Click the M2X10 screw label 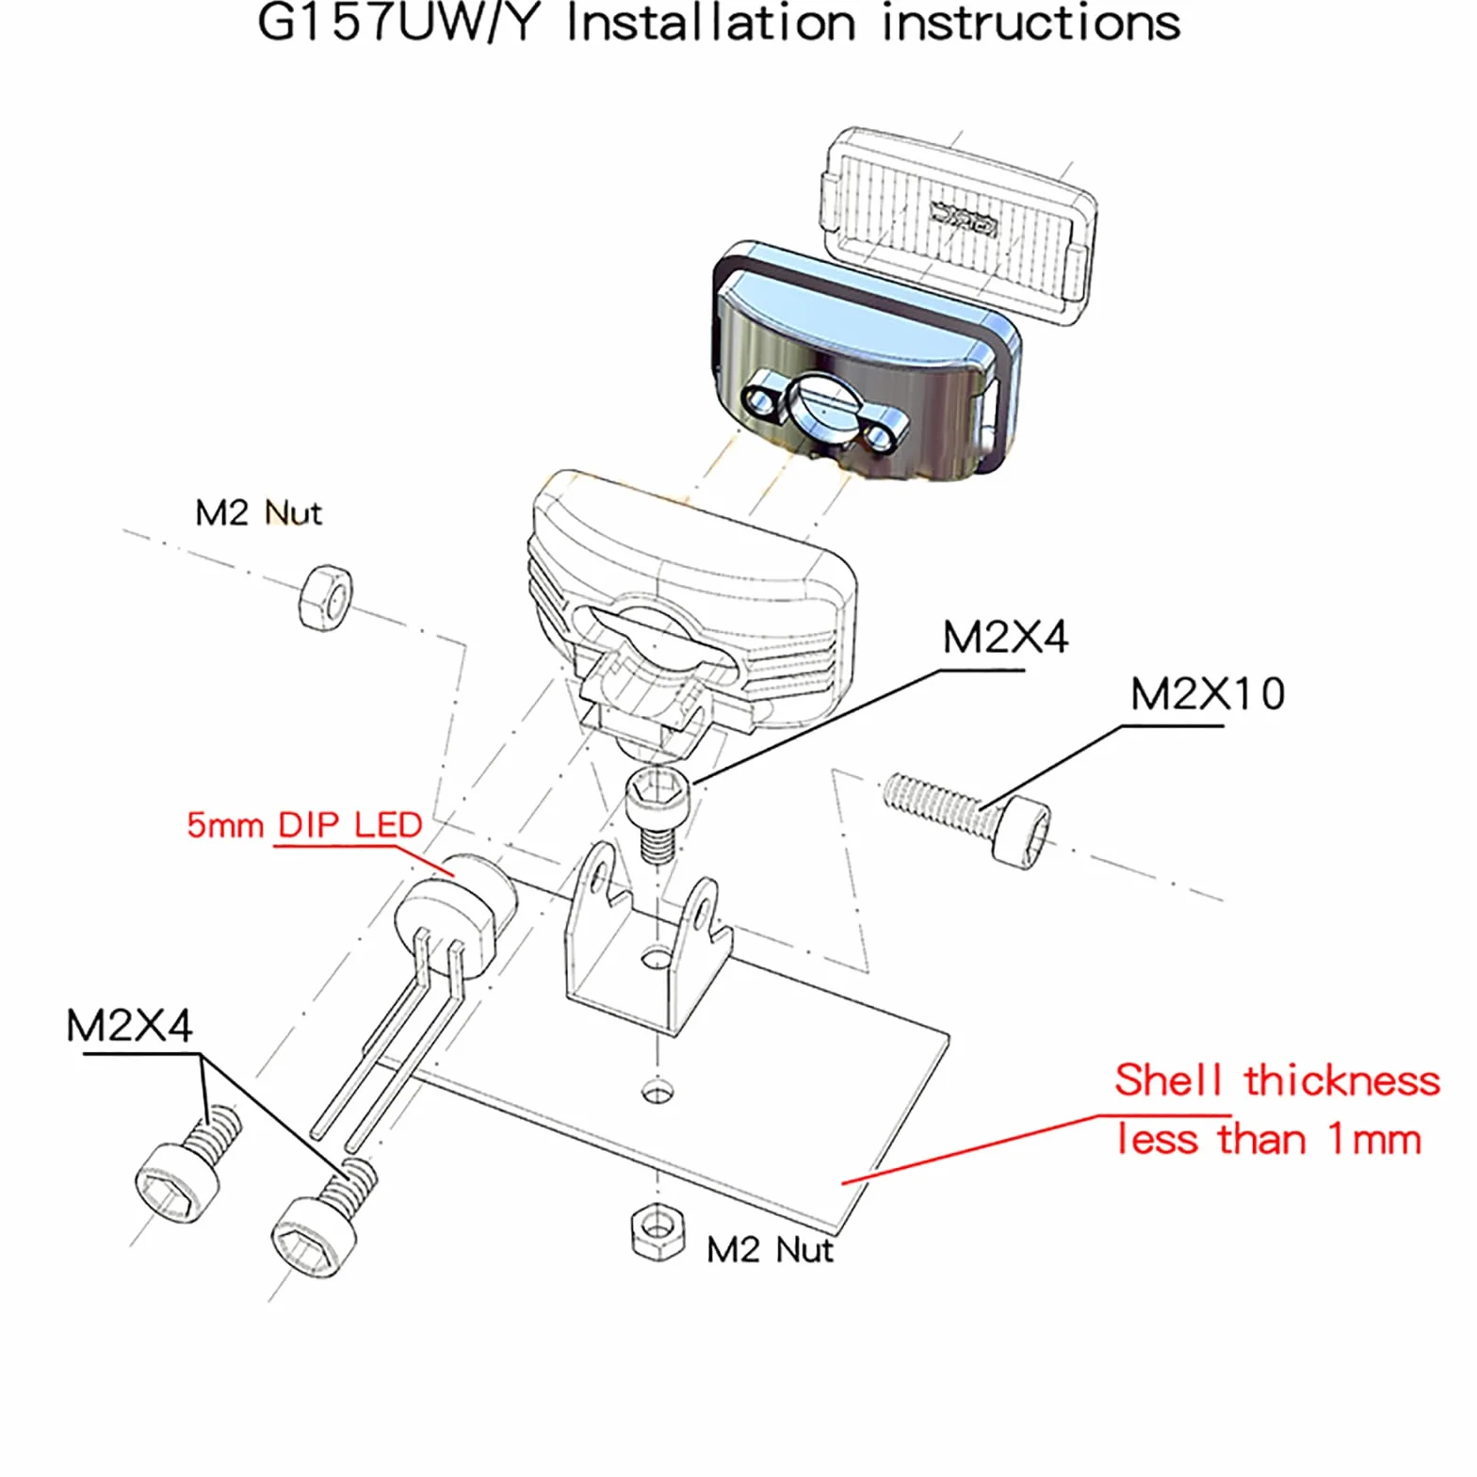click(x=1207, y=695)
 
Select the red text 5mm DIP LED click(x=304, y=825)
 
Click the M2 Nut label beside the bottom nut click(x=770, y=1250)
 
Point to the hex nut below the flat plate click(x=657, y=1230)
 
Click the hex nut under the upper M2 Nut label click(x=325, y=597)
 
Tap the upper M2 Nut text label click(x=258, y=513)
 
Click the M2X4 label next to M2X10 click(x=1005, y=638)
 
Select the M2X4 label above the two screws click(x=129, y=1026)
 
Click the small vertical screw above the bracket click(x=660, y=811)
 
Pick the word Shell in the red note click(x=1168, y=1080)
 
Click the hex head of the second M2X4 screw click(x=313, y=1235)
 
